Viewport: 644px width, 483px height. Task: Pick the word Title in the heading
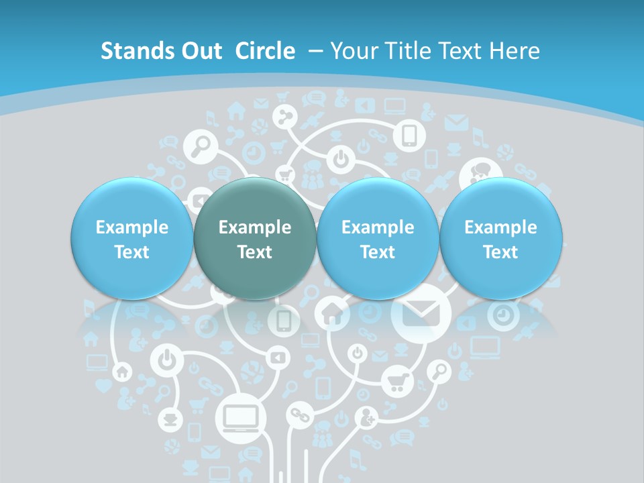[405, 51]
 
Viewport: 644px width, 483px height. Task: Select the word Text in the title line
[462, 51]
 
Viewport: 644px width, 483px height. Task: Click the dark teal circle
[255, 238]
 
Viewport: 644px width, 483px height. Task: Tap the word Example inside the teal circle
[255, 227]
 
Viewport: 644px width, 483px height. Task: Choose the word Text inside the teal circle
[255, 252]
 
